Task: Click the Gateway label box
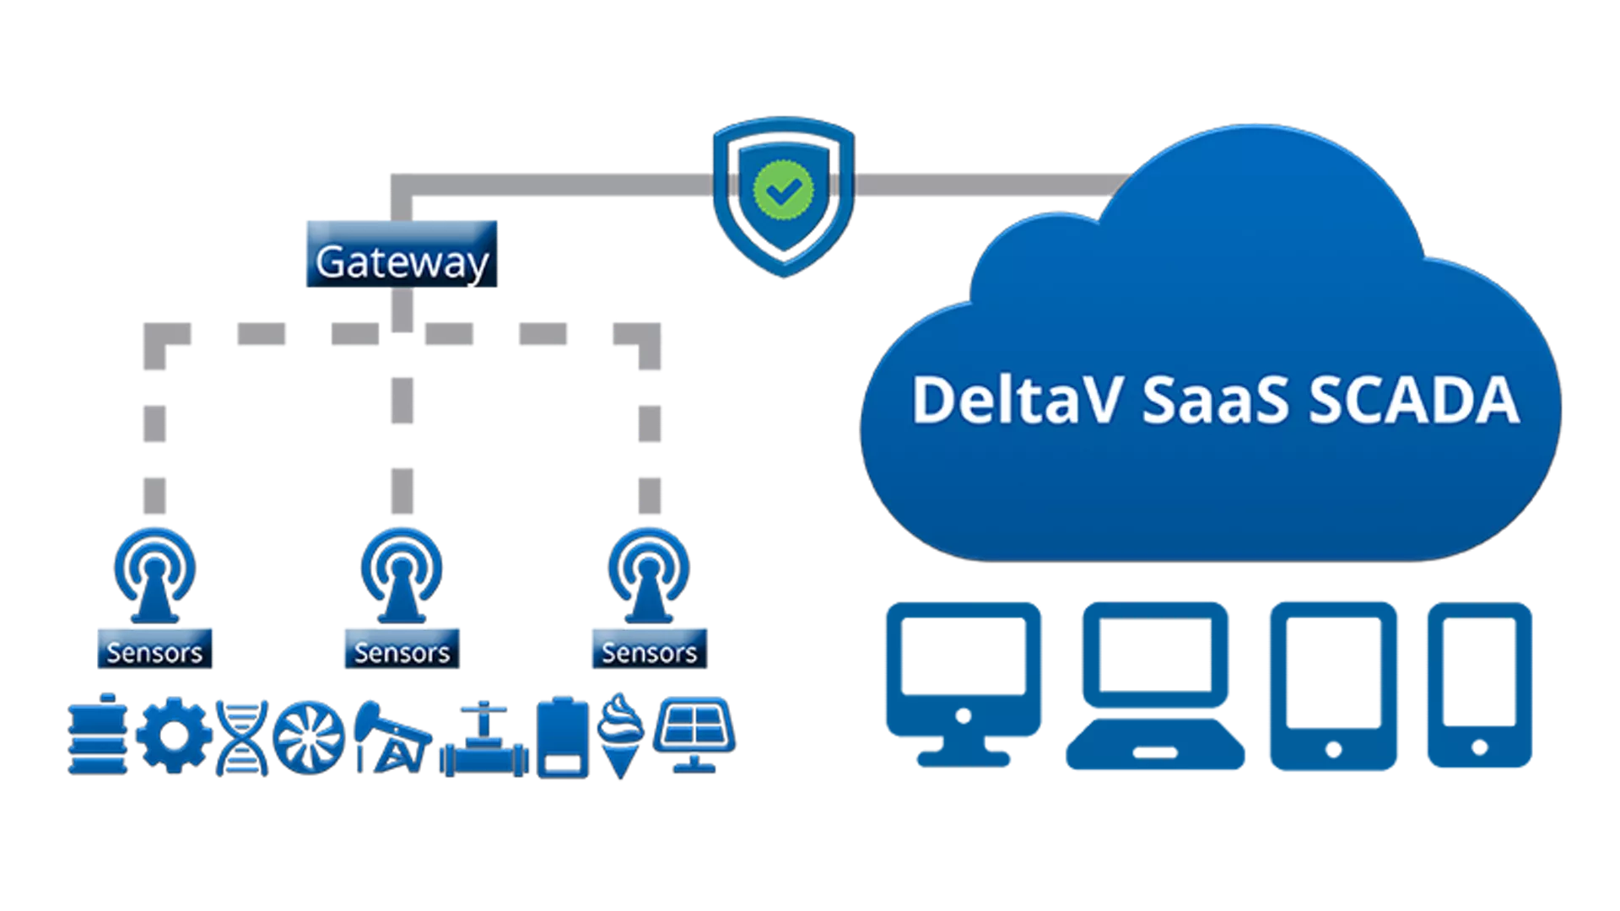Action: [x=402, y=254]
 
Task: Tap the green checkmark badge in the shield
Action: [x=783, y=191]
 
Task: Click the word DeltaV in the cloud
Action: [x=1016, y=400]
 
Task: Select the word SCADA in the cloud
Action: [x=1414, y=400]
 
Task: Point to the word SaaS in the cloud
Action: [x=1215, y=400]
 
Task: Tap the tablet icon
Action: [x=1333, y=683]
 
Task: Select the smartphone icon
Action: [x=1478, y=683]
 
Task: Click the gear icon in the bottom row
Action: [x=174, y=735]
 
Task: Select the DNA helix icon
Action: [x=241, y=736]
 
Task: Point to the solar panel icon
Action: [x=694, y=732]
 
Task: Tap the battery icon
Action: [x=563, y=736]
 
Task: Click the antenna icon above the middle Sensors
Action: [x=402, y=574]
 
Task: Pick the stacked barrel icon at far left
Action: [x=98, y=735]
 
